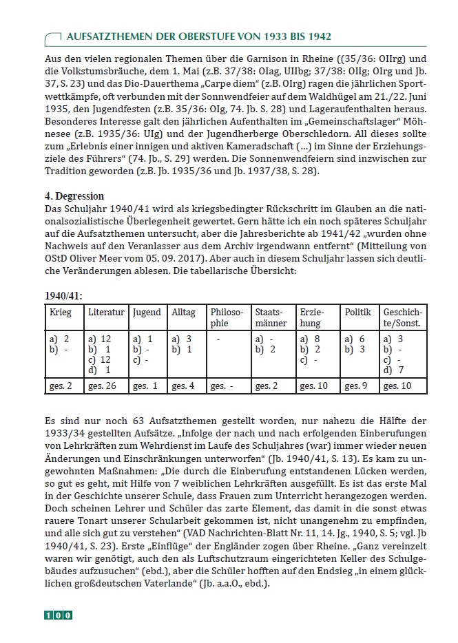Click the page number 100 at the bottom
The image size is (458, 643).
pos(59,615)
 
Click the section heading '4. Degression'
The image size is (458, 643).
pos(74,196)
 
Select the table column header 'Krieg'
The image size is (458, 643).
pos(60,312)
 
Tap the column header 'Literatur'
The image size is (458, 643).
pos(106,312)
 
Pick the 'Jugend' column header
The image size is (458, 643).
pos(146,312)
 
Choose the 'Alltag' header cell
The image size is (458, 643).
pos(183,312)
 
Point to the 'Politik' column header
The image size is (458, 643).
pos(358,312)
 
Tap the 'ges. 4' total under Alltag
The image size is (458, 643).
pos(184,386)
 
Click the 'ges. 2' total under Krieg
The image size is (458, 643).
pos(60,386)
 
